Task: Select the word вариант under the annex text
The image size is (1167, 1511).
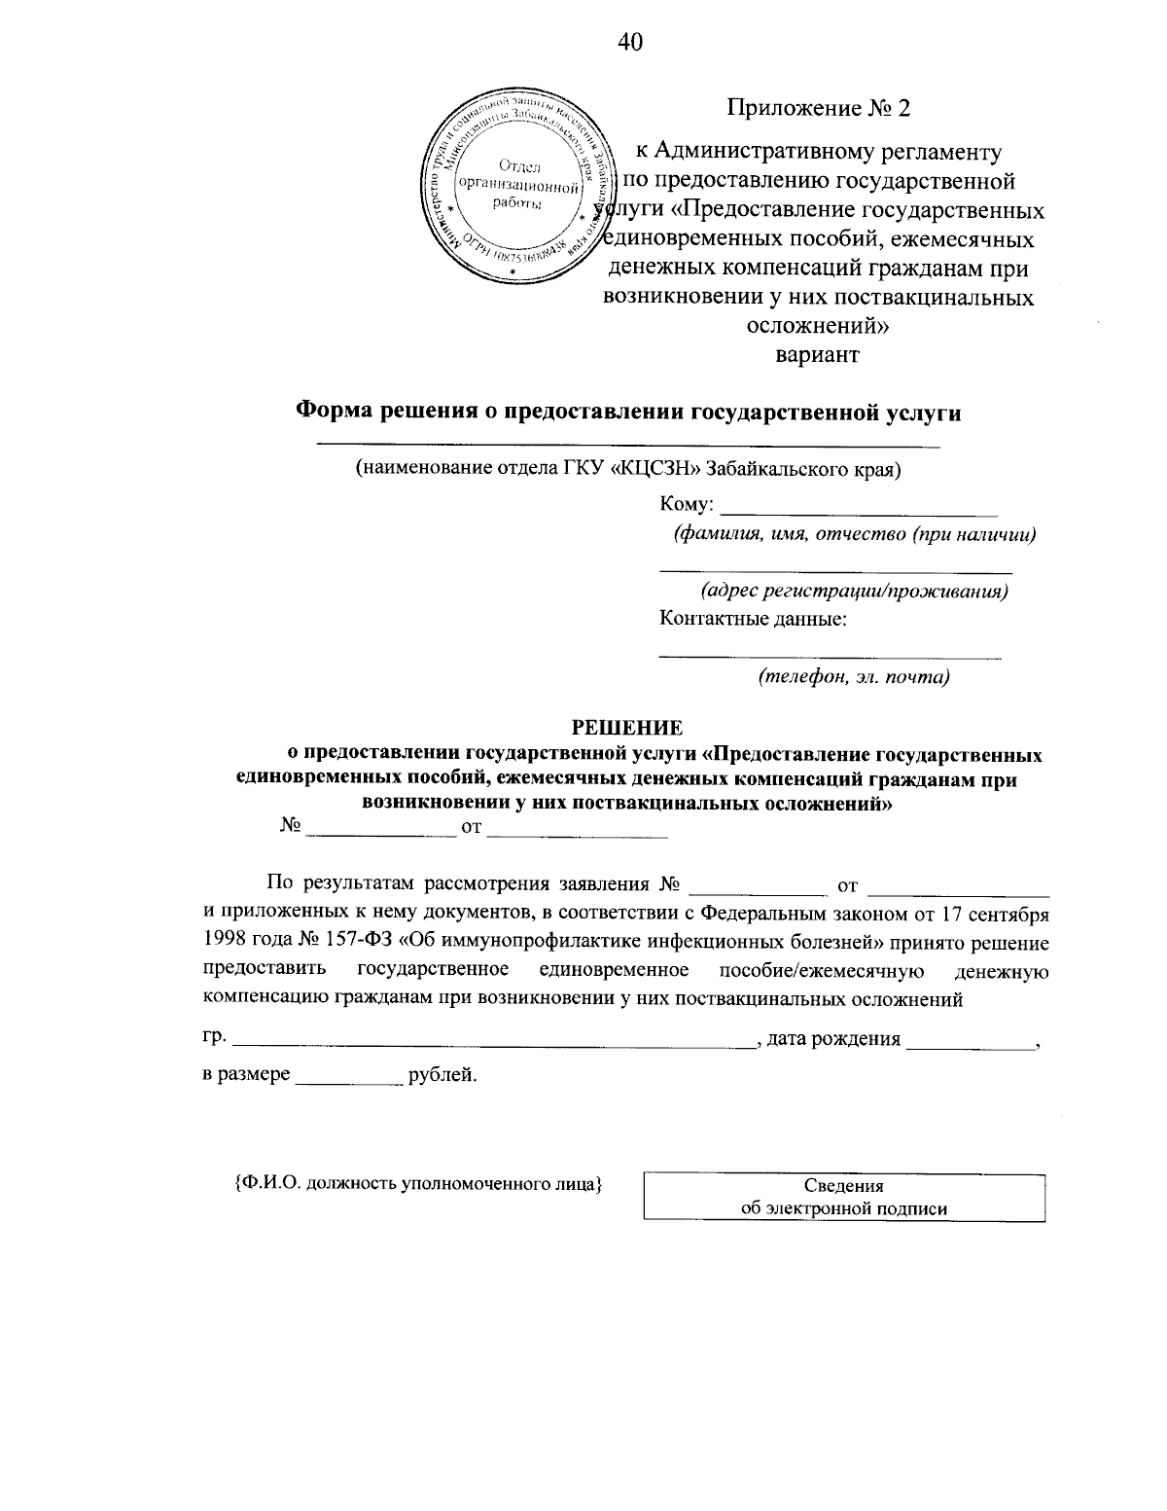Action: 817,355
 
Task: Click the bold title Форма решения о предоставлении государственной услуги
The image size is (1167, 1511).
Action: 628,413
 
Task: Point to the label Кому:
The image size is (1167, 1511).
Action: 688,504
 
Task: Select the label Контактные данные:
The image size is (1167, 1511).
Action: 752,619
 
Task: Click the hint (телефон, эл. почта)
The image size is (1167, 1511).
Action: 853,677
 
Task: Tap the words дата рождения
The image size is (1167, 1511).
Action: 833,1039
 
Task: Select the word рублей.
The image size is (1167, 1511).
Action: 442,1076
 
